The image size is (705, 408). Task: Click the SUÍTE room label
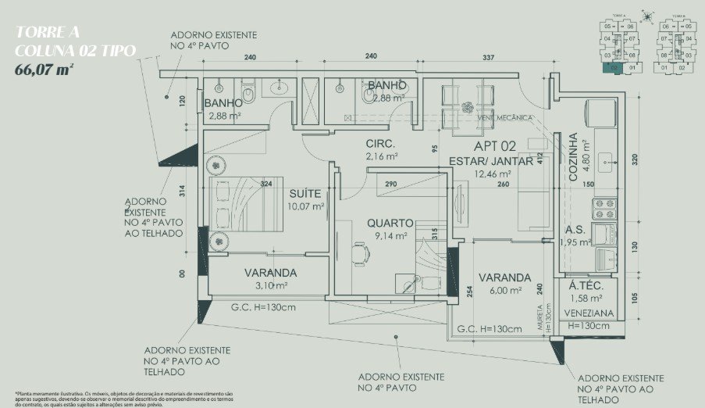307,193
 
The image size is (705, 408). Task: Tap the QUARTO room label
390,223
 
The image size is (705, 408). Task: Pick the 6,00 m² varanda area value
504,291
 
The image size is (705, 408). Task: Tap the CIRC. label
381,145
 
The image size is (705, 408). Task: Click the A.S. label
575,231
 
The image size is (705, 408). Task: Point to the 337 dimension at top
489,57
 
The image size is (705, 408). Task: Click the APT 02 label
495,145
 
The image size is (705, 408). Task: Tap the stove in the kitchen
604,209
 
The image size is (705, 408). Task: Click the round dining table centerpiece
468,107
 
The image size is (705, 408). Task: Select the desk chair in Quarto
358,253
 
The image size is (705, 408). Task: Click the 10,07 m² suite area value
306,207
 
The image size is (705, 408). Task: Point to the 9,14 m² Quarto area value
390,236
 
